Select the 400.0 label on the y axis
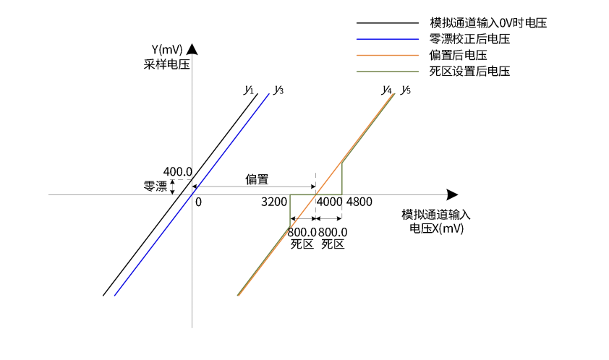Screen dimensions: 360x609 [x=177, y=172]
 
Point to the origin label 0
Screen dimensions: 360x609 [x=198, y=202]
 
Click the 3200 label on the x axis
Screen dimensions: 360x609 [x=274, y=202]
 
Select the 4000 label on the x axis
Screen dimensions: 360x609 [x=330, y=202]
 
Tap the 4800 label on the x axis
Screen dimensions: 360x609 [x=359, y=202]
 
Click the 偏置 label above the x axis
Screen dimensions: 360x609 [x=256, y=179]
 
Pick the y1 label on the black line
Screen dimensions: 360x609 [x=249, y=90]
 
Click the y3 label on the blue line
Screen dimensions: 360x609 [x=278, y=90]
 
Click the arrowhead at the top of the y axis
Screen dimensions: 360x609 [x=192, y=49]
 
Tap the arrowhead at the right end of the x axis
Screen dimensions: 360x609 [x=452, y=194]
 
